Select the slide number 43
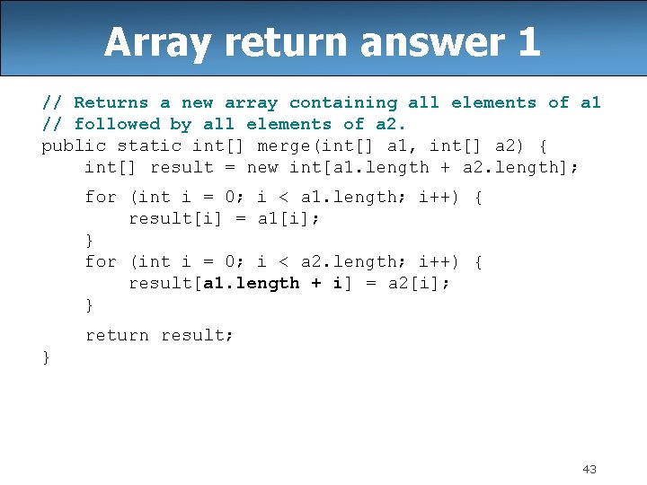[x=589, y=469]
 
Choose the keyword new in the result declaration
[x=262, y=167]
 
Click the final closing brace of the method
[x=46, y=357]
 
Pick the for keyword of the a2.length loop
[x=101, y=261]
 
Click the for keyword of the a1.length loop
[x=101, y=197]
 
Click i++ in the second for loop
[x=437, y=261]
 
